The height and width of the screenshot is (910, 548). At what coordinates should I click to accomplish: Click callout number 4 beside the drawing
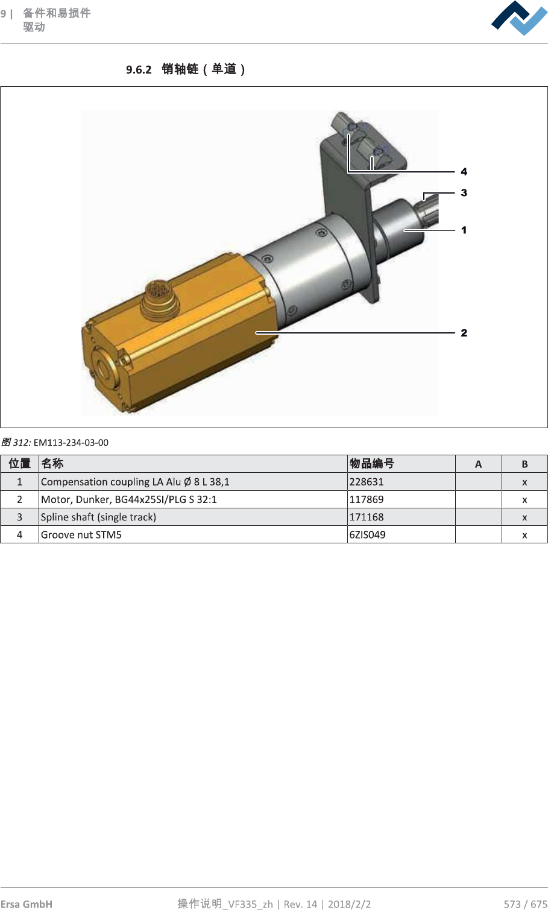point(464,171)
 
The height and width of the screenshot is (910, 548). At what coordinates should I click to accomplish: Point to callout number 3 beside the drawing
point(464,192)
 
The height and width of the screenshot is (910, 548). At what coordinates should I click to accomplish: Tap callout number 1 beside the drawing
point(464,230)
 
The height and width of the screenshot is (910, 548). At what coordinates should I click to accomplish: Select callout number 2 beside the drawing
point(464,333)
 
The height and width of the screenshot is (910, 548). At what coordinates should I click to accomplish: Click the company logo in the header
point(518,18)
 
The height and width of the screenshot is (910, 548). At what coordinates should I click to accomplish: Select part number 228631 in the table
point(366,482)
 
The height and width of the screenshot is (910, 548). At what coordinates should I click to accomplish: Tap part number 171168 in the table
point(366,517)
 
